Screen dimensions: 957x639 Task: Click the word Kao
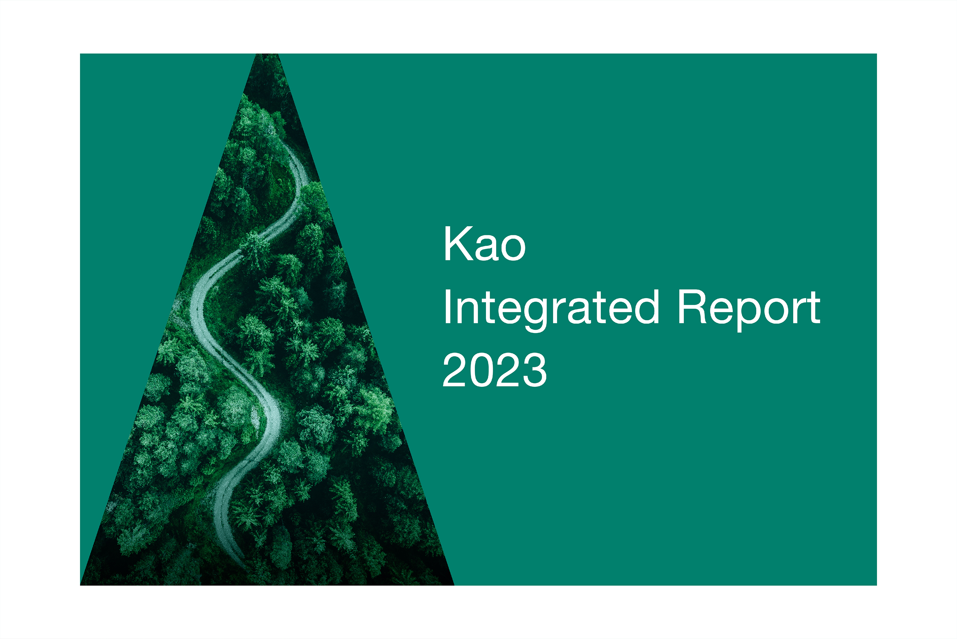click(x=484, y=243)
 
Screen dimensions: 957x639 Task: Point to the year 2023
click(x=494, y=370)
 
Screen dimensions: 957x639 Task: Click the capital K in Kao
click(x=459, y=243)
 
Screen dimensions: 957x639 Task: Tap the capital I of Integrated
click(x=447, y=306)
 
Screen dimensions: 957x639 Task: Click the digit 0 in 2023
click(x=481, y=370)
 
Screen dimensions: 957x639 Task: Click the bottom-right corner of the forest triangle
click(x=454, y=585)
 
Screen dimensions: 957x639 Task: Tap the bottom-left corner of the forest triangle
click(x=81, y=585)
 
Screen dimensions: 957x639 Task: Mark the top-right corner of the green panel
click(x=876, y=54)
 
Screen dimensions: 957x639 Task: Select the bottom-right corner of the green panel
click(x=876, y=585)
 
